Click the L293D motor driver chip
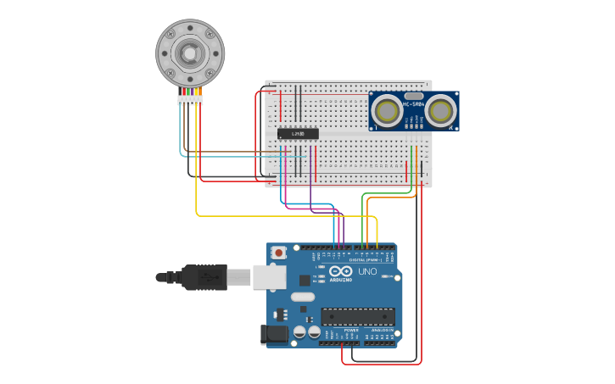point(298,133)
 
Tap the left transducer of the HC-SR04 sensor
point(387,111)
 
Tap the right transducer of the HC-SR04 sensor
point(439,111)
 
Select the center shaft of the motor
point(189,53)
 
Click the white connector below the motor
point(190,100)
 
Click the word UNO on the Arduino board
point(367,272)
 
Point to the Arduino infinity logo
point(341,271)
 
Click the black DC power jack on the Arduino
point(276,333)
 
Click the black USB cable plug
point(204,276)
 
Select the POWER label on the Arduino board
point(339,330)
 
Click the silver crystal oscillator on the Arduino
point(303,297)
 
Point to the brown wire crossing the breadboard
point(238,152)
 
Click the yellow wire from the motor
point(197,170)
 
